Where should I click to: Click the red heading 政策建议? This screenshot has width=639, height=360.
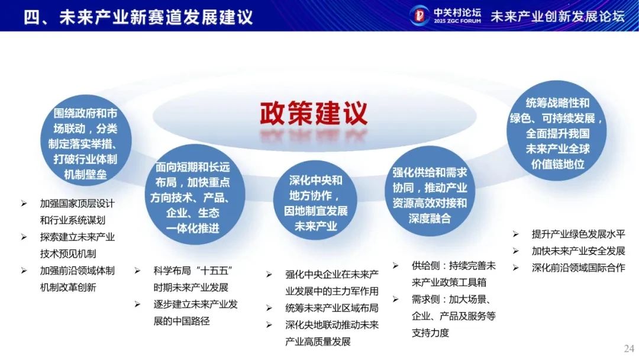coord(314,113)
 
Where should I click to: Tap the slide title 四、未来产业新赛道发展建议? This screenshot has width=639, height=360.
coord(138,17)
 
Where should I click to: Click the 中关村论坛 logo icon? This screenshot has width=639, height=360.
coord(419,15)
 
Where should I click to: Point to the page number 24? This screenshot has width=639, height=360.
coord(629,349)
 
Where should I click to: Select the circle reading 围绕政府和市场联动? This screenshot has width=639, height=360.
coord(86,141)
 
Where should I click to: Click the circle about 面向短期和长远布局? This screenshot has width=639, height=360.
coord(194,195)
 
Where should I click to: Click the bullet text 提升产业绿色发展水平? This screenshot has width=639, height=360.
coord(578,234)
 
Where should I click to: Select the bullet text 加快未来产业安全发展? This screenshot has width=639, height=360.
coord(578,250)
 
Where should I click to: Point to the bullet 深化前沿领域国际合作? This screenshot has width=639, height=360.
coord(578,268)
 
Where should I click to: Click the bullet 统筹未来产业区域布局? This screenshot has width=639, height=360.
coord(332,308)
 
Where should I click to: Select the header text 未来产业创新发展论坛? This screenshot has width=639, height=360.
coord(557,16)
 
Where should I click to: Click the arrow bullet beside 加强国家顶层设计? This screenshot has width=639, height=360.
coord(24,203)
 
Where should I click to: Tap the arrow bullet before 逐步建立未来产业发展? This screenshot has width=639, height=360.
coord(137,304)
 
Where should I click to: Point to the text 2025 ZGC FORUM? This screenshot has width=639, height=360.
coord(457,21)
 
